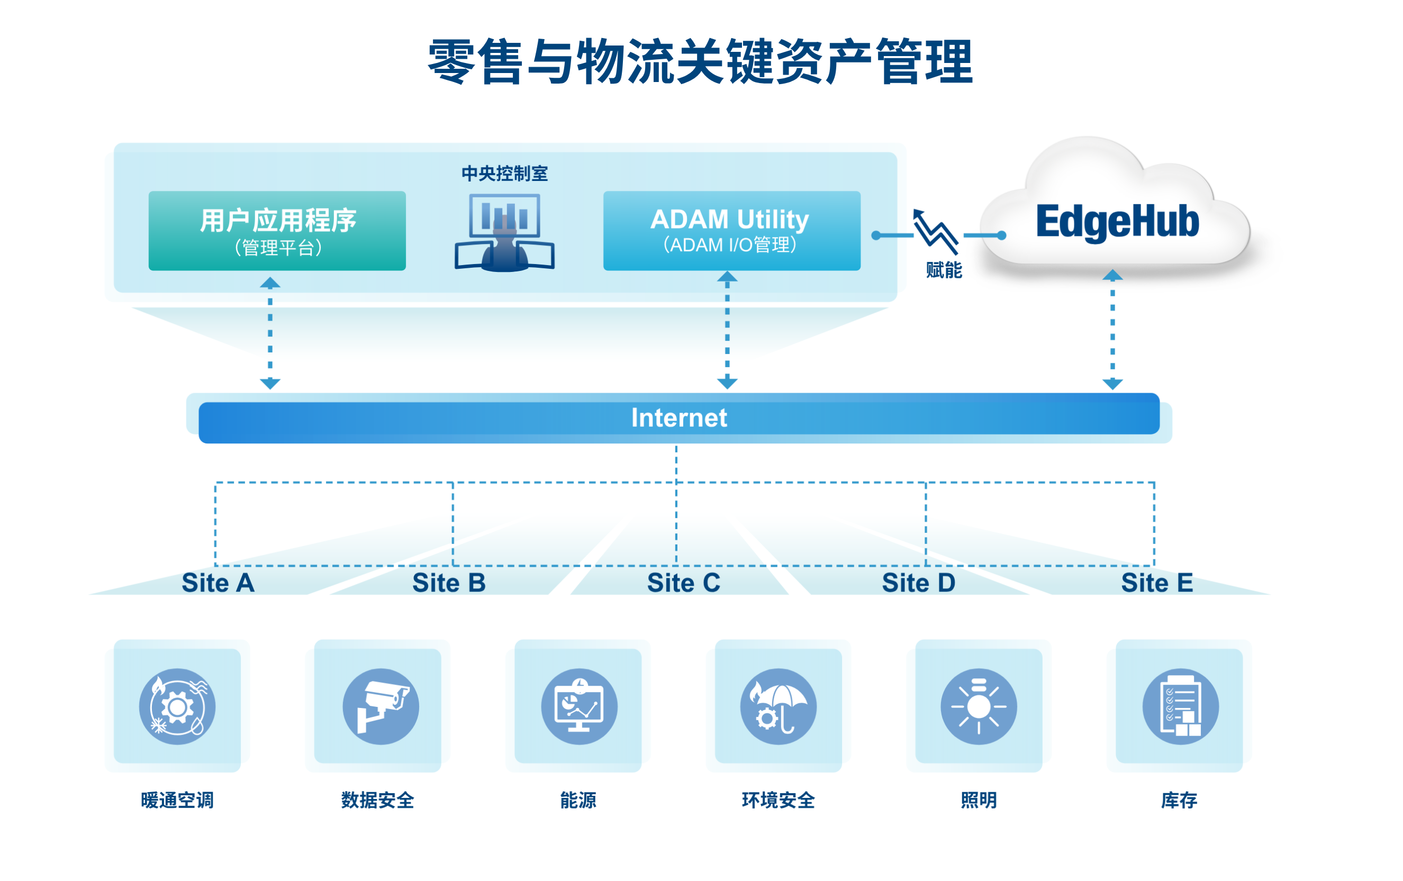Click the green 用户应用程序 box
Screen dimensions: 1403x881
tap(277, 231)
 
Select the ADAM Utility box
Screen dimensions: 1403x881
tap(732, 231)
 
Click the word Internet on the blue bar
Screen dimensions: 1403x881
tap(680, 418)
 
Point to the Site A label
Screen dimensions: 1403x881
tap(218, 583)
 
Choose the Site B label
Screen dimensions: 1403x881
tap(449, 583)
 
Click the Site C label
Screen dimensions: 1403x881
tap(683, 583)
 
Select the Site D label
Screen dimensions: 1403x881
tap(918, 583)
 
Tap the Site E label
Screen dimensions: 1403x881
tap(1157, 583)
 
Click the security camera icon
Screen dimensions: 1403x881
tap(381, 706)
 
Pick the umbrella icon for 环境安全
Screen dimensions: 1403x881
tap(779, 706)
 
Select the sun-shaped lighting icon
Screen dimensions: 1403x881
tap(979, 706)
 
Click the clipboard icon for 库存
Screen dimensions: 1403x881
tap(1180, 706)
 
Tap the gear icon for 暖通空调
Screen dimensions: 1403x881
tap(177, 706)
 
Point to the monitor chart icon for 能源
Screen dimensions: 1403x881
tap(579, 706)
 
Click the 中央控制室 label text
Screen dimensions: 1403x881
tap(504, 173)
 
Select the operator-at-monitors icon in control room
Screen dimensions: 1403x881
tap(504, 233)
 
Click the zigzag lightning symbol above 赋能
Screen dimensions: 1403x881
tap(936, 232)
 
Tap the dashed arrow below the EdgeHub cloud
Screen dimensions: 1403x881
tap(1113, 330)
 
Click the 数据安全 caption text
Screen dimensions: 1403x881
tap(377, 801)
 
